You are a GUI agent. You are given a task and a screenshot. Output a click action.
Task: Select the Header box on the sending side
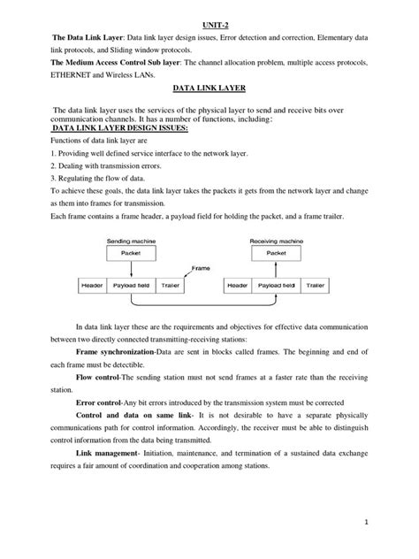click(92, 287)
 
